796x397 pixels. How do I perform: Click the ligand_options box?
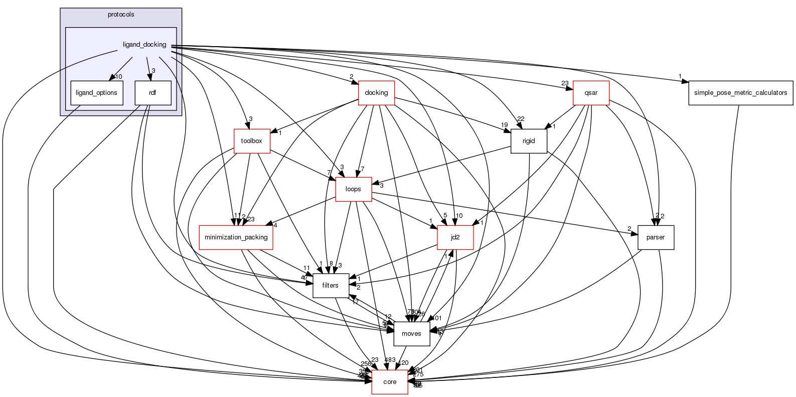96,93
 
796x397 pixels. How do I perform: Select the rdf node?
153,93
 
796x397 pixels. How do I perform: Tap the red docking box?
376,93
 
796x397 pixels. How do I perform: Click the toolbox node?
252,141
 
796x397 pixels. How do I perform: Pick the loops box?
353,189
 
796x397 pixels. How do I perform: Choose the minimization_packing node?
236,237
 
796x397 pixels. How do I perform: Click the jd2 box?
455,237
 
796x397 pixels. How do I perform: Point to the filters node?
331,285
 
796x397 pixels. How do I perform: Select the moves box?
412,333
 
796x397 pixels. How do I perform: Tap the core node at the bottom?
390,381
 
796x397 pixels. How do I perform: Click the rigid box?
529,141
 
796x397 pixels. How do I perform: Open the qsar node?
591,93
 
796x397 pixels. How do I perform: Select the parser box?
656,237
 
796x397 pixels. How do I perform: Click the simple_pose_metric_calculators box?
740,93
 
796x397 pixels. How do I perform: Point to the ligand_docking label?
144,45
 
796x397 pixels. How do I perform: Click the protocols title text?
121,15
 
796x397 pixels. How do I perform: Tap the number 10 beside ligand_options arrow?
119,77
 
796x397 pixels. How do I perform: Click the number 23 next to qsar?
565,84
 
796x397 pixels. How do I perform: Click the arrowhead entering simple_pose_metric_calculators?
686,81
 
